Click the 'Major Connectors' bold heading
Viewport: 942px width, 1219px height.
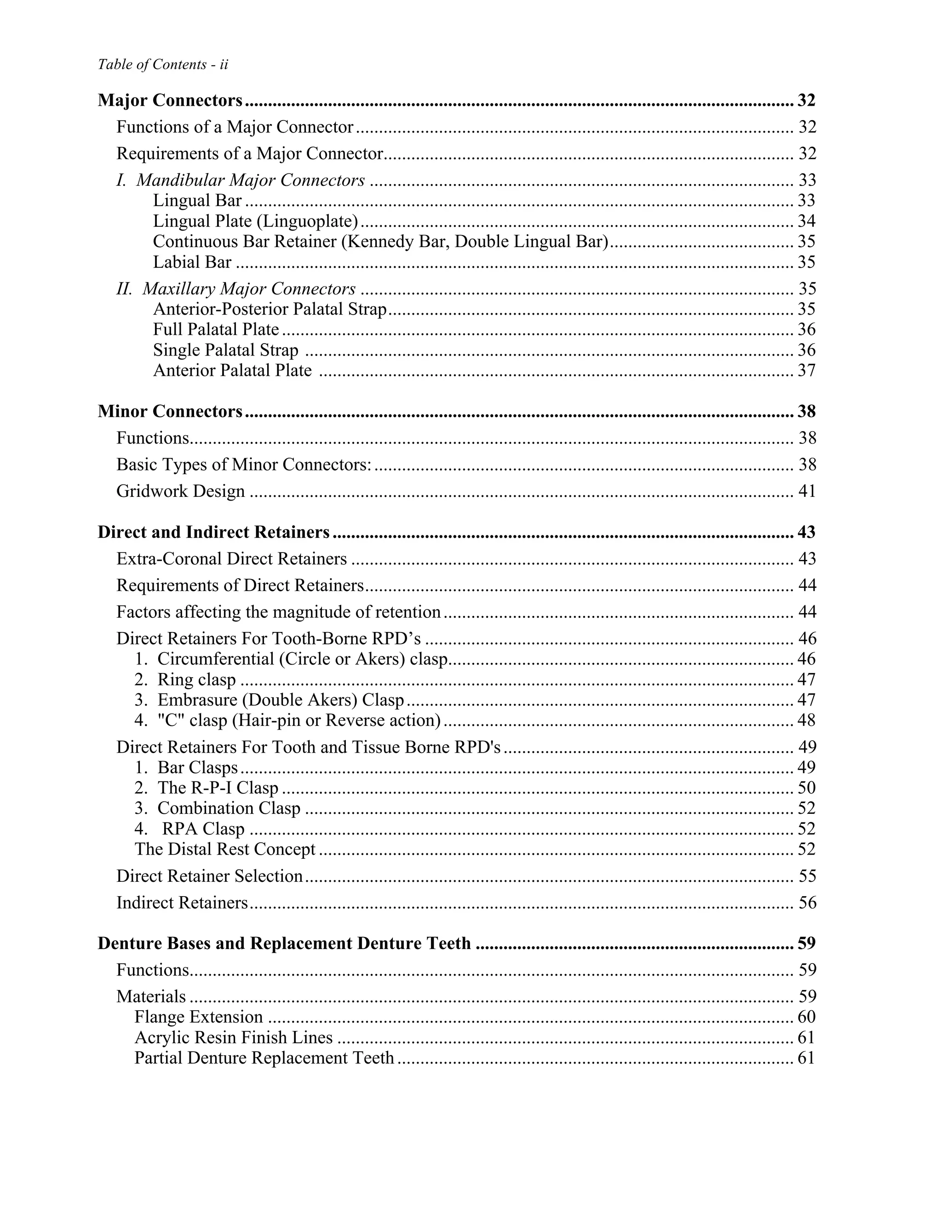point(170,100)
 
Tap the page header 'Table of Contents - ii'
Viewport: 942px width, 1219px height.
point(163,65)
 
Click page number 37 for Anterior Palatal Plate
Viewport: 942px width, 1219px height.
point(806,371)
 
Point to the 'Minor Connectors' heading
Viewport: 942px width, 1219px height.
point(170,411)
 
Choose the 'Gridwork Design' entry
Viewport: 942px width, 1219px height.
point(181,491)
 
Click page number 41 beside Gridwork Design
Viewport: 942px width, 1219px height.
point(807,491)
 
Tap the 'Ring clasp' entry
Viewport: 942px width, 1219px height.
point(196,680)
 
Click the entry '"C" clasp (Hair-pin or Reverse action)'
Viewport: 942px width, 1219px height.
point(299,720)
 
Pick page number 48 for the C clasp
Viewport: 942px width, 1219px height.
point(806,720)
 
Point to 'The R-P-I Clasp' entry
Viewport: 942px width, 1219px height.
point(218,788)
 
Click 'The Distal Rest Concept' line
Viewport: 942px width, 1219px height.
point(225,850)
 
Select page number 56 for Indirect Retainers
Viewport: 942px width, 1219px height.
point(807,903)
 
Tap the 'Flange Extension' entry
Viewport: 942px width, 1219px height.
point(199,1018)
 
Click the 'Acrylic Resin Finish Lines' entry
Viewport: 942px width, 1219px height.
point(233,1038)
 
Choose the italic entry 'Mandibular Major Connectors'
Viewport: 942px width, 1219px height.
point(251,180)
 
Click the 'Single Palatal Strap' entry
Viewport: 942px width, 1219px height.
point(225,351)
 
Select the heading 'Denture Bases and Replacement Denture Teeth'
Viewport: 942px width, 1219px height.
point(285,944)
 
